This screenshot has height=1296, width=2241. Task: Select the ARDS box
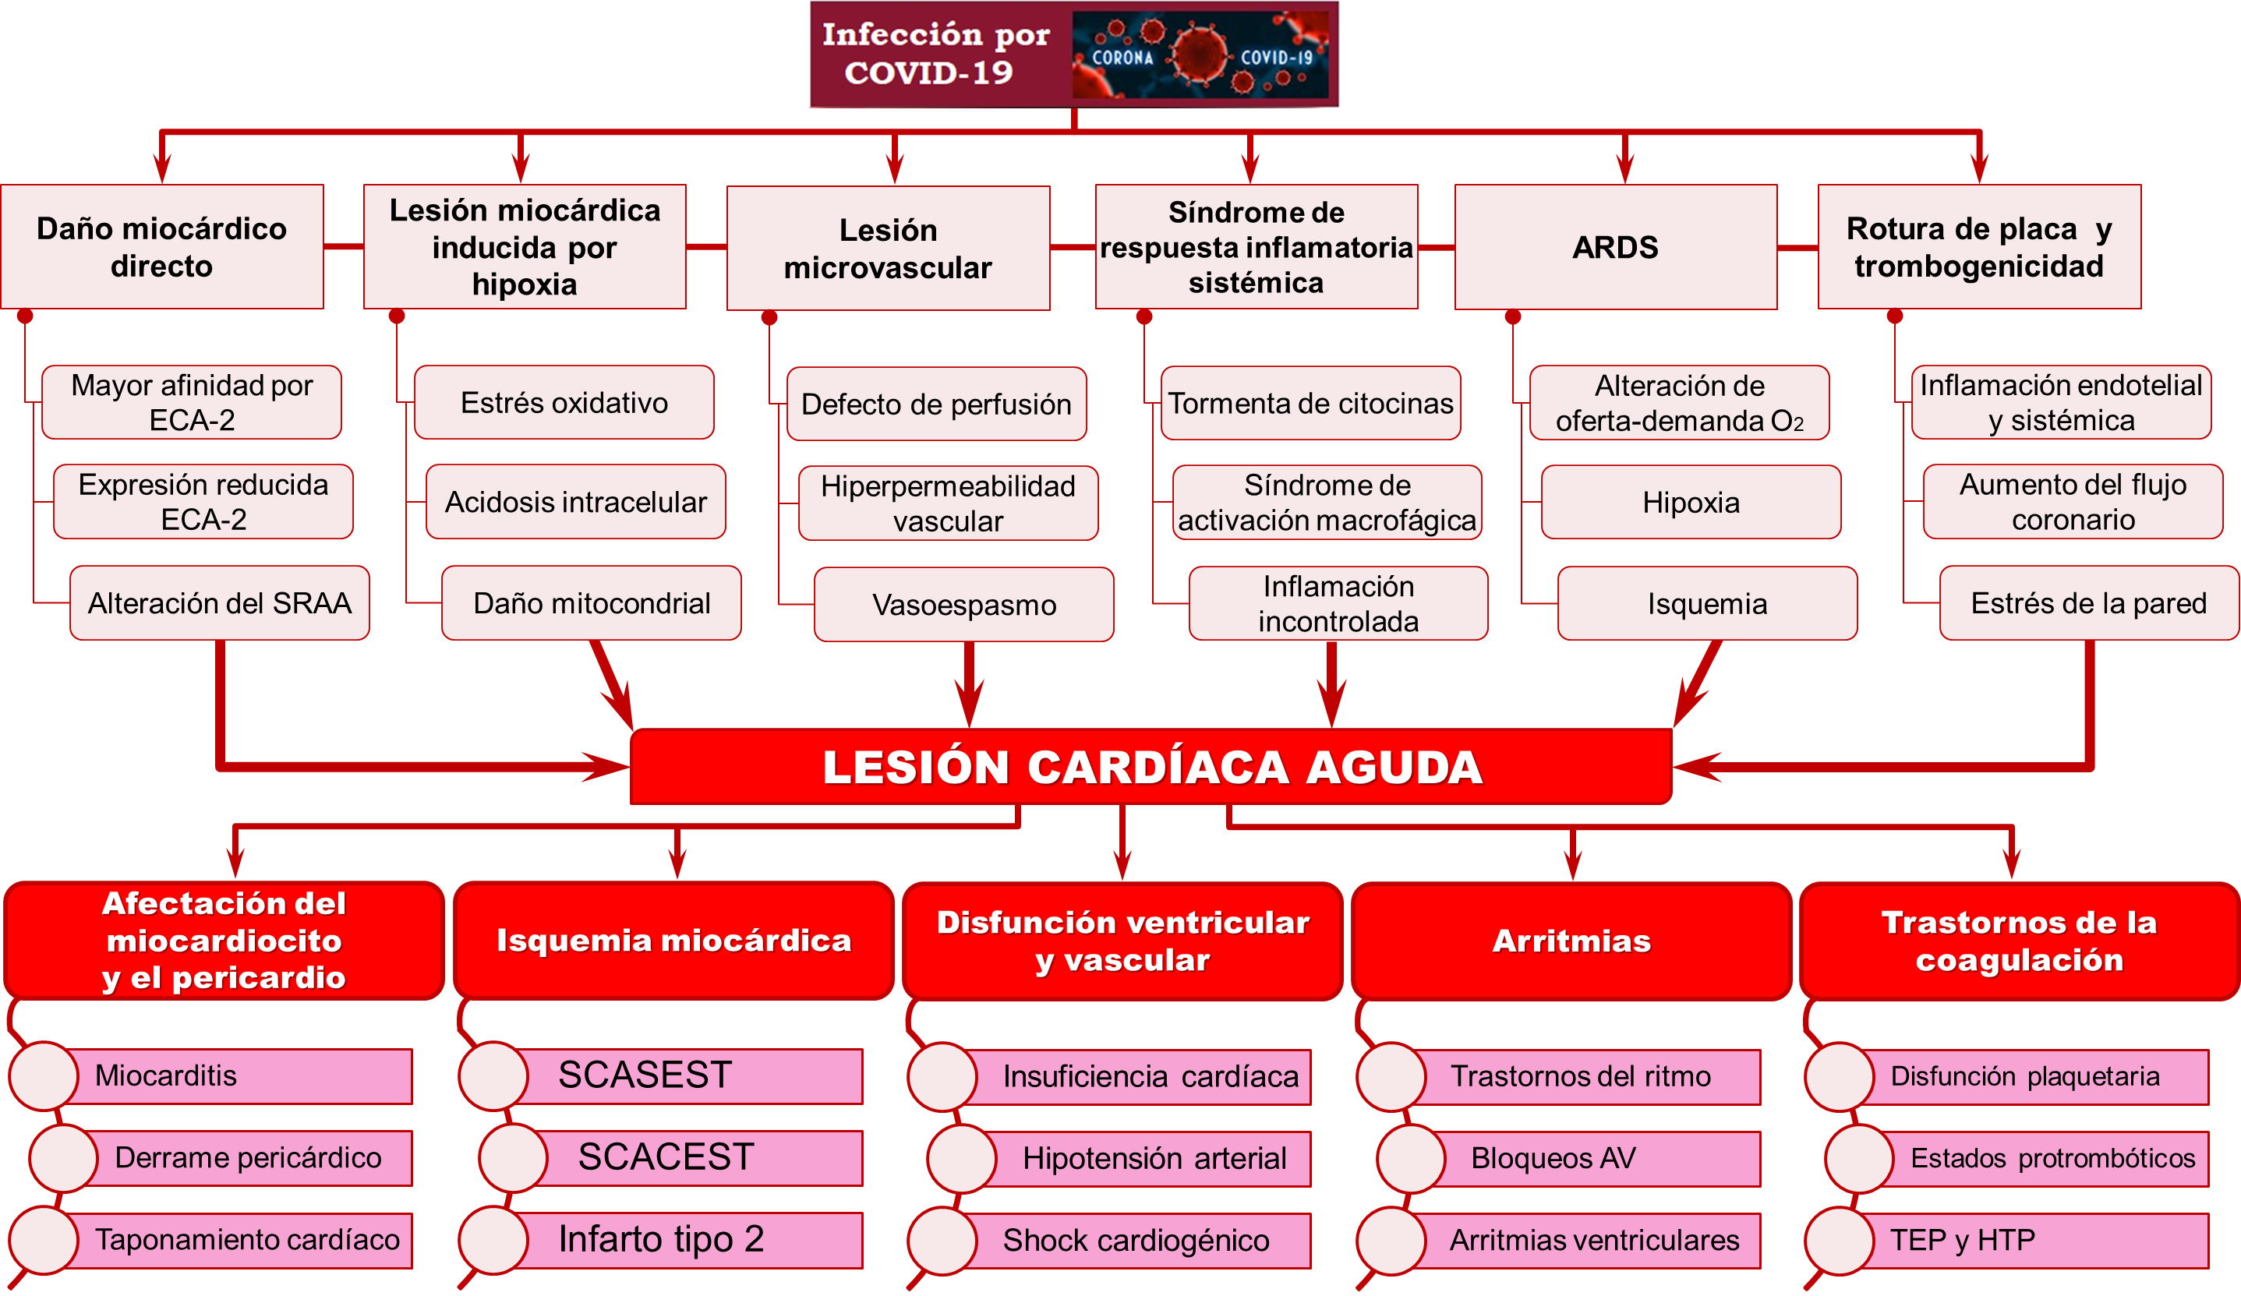click(1615, 247)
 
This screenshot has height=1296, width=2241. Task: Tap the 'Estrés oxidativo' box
click(564, 403)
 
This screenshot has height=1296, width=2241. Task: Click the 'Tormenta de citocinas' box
click(1310, 404)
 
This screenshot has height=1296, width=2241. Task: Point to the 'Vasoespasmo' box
click(964, 605)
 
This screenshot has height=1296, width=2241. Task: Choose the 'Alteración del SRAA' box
click(219, 603)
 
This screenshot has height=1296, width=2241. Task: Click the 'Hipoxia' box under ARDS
click(1691, 502)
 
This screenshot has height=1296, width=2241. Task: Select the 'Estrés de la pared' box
click(2088, 603)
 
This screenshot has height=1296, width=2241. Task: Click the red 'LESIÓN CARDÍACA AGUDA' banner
click(1151, 767)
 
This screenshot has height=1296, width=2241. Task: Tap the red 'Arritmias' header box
click(1571, 941)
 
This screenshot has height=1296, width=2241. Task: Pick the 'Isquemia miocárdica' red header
click(673, 941)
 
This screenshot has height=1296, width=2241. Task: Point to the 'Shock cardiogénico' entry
click(1136, 1240)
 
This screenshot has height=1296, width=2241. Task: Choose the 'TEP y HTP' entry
click(2037, 1240)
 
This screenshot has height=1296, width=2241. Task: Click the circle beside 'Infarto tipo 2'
click(493, 1240)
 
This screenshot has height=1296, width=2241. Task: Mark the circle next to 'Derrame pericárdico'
click(63, 1158)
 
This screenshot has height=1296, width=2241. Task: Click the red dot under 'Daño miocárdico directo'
click(25, 316)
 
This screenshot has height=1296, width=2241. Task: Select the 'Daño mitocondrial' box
click(592, 603)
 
